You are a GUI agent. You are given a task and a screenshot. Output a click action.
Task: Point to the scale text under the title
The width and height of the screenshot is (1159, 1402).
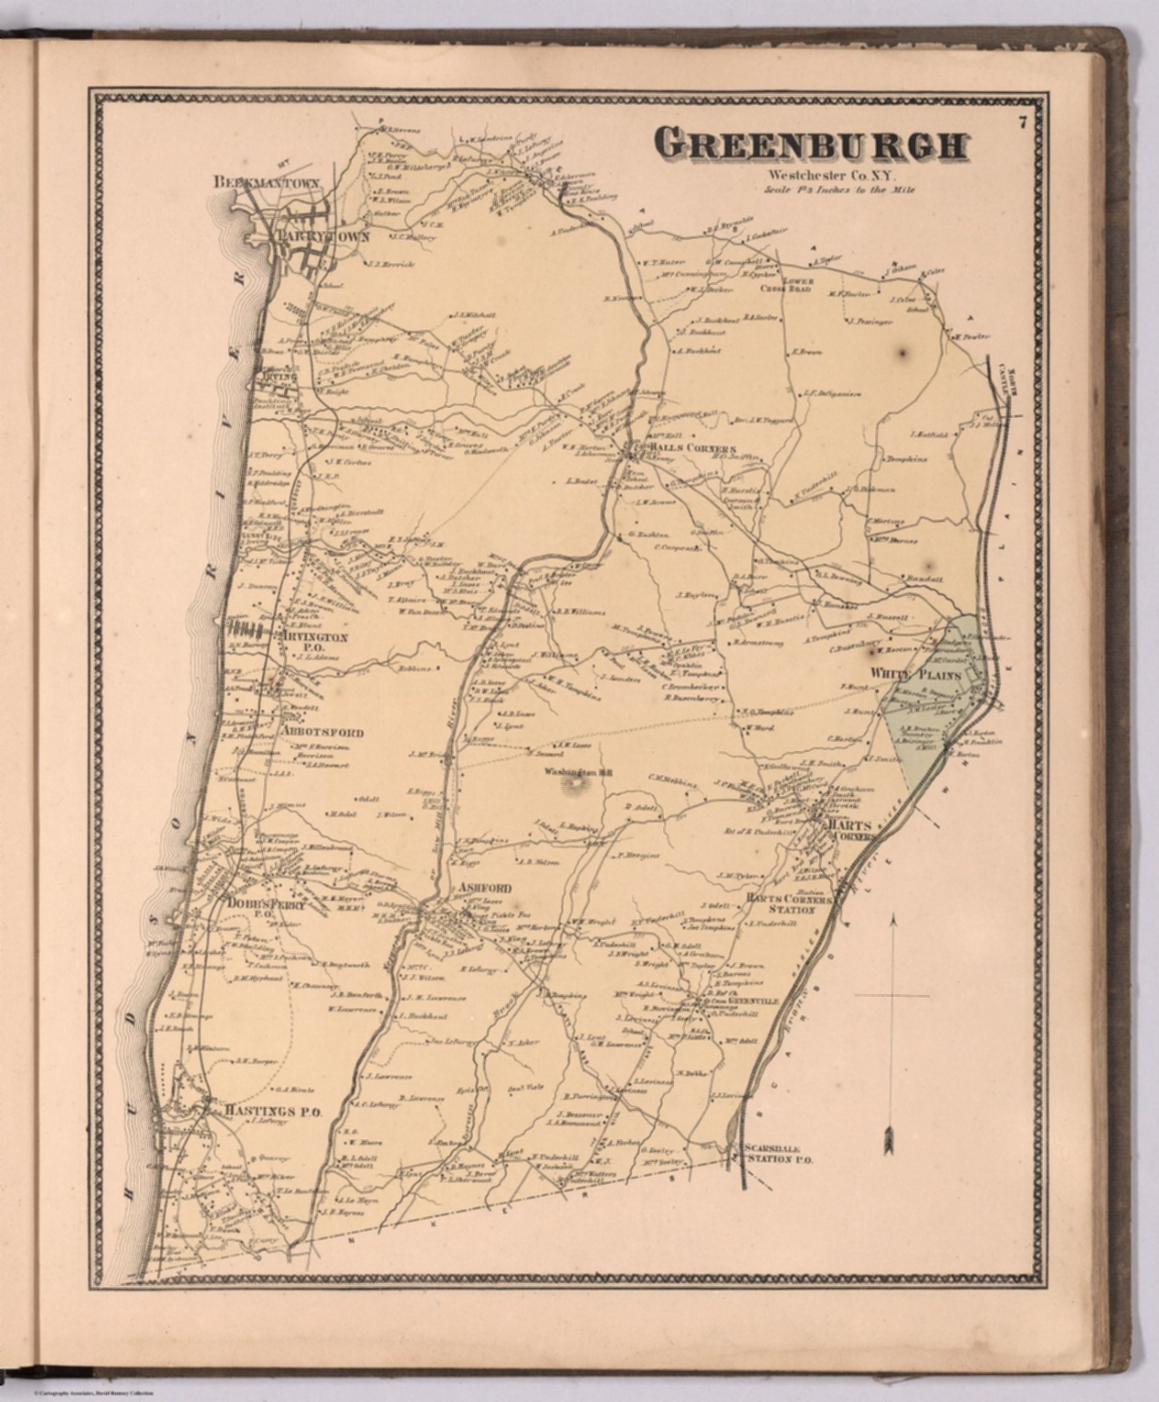click(x=827, y=190)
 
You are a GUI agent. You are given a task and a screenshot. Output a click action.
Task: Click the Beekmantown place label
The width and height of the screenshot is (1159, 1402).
click(x=266, y=183)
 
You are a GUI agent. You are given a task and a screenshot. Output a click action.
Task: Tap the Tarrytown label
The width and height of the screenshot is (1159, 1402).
click(x=324, y=236)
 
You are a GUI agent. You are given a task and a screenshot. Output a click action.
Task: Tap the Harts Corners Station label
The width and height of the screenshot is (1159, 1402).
click(x=786, y=904)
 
